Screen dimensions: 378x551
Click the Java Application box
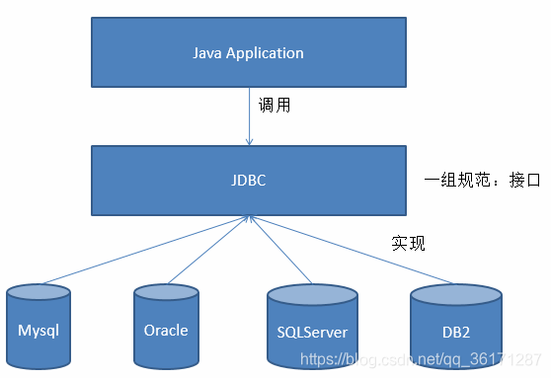(x=247, y=51)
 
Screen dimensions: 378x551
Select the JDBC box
(x=247, y=180)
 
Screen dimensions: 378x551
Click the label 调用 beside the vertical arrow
(x=275, y=105)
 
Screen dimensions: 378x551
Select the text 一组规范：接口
(x=476, y=181)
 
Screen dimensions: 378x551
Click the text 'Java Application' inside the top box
(x=247, y=52)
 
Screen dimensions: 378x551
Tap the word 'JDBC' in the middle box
(x=247, y=181)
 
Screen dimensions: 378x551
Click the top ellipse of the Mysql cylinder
(x=39, y=294)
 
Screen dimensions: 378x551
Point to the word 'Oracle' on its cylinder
(x=165, y=331)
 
